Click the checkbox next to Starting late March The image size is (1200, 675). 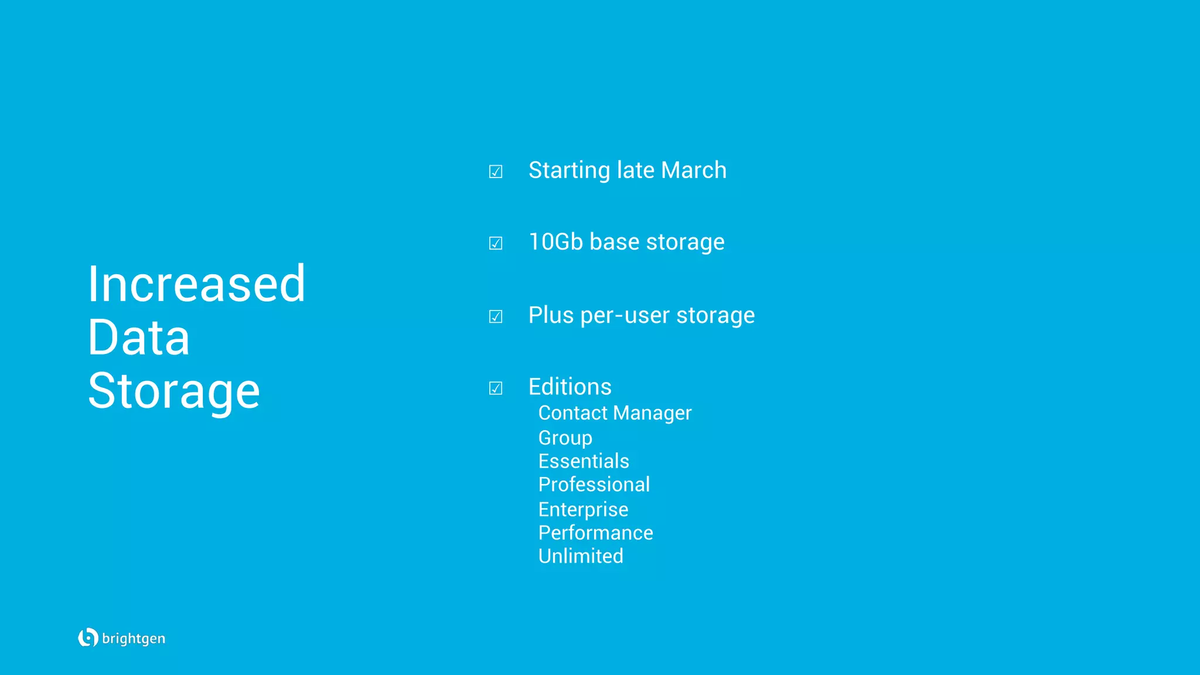(x=496, y=172)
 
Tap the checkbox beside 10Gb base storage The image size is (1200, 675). (x=496, y=243)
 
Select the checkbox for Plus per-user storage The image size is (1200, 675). (x=496, y=317)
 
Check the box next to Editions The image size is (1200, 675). (x=496, y=388)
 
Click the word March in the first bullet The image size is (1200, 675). (x=694, y=171)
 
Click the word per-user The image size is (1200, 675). (x=625, y=316)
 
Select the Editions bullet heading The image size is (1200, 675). (x=570, y=387)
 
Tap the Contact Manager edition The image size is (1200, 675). (x=615, y=413)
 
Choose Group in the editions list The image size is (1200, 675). (x=565, y=438)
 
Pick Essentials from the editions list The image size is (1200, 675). (x=584, y=462)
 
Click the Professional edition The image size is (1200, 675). (x=594, y=485)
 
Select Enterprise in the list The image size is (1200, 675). (x=583, y=510)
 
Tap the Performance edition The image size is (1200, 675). (x=595, y=533)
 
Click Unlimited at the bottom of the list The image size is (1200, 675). (x=581, y=557)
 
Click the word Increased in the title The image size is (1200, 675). (x=196, y=284)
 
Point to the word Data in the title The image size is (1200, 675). (x=139, y=338)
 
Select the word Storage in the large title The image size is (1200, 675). (x=174, y=391)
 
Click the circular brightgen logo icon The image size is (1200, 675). (x=88, y=637)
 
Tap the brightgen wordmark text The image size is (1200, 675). (x=134, y=639)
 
